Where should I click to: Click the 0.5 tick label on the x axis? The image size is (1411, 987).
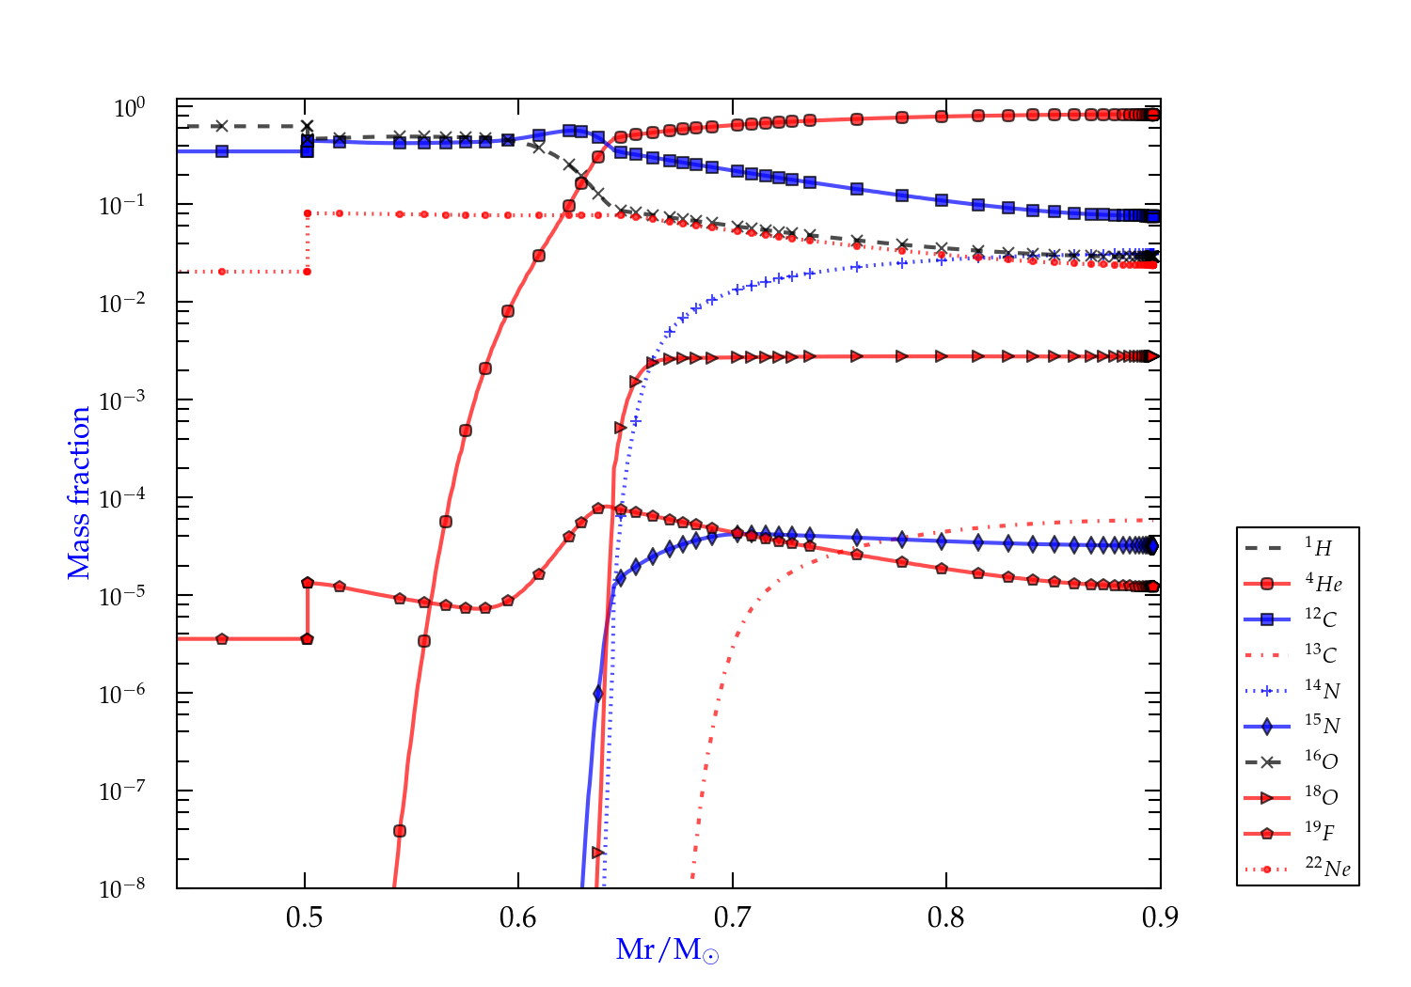click(304, 917)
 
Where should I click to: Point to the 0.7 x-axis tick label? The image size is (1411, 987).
click(732, 917)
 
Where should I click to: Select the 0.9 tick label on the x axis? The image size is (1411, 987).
click(1160, 917)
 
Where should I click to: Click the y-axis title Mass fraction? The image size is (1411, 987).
click(79, 493)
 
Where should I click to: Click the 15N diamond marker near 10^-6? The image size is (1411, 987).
click(598, 694)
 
